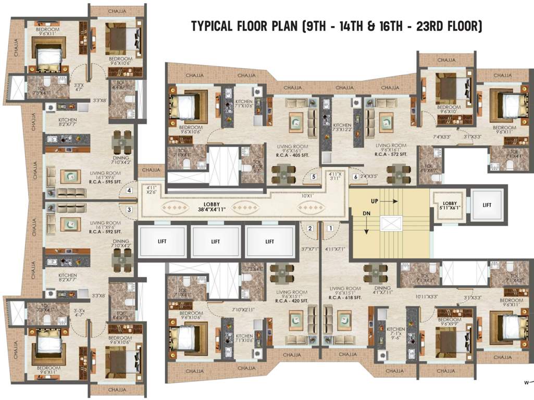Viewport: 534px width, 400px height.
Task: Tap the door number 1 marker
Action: pos(330,228)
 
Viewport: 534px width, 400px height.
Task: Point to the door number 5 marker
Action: pos(314,177)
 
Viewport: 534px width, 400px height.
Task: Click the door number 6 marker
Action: pos(355,177)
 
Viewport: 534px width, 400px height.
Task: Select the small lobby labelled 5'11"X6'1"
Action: pos(449,205)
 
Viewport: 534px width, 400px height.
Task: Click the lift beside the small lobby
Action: pos(487,205)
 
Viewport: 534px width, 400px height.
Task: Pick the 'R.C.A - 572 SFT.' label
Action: pos(391,155)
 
